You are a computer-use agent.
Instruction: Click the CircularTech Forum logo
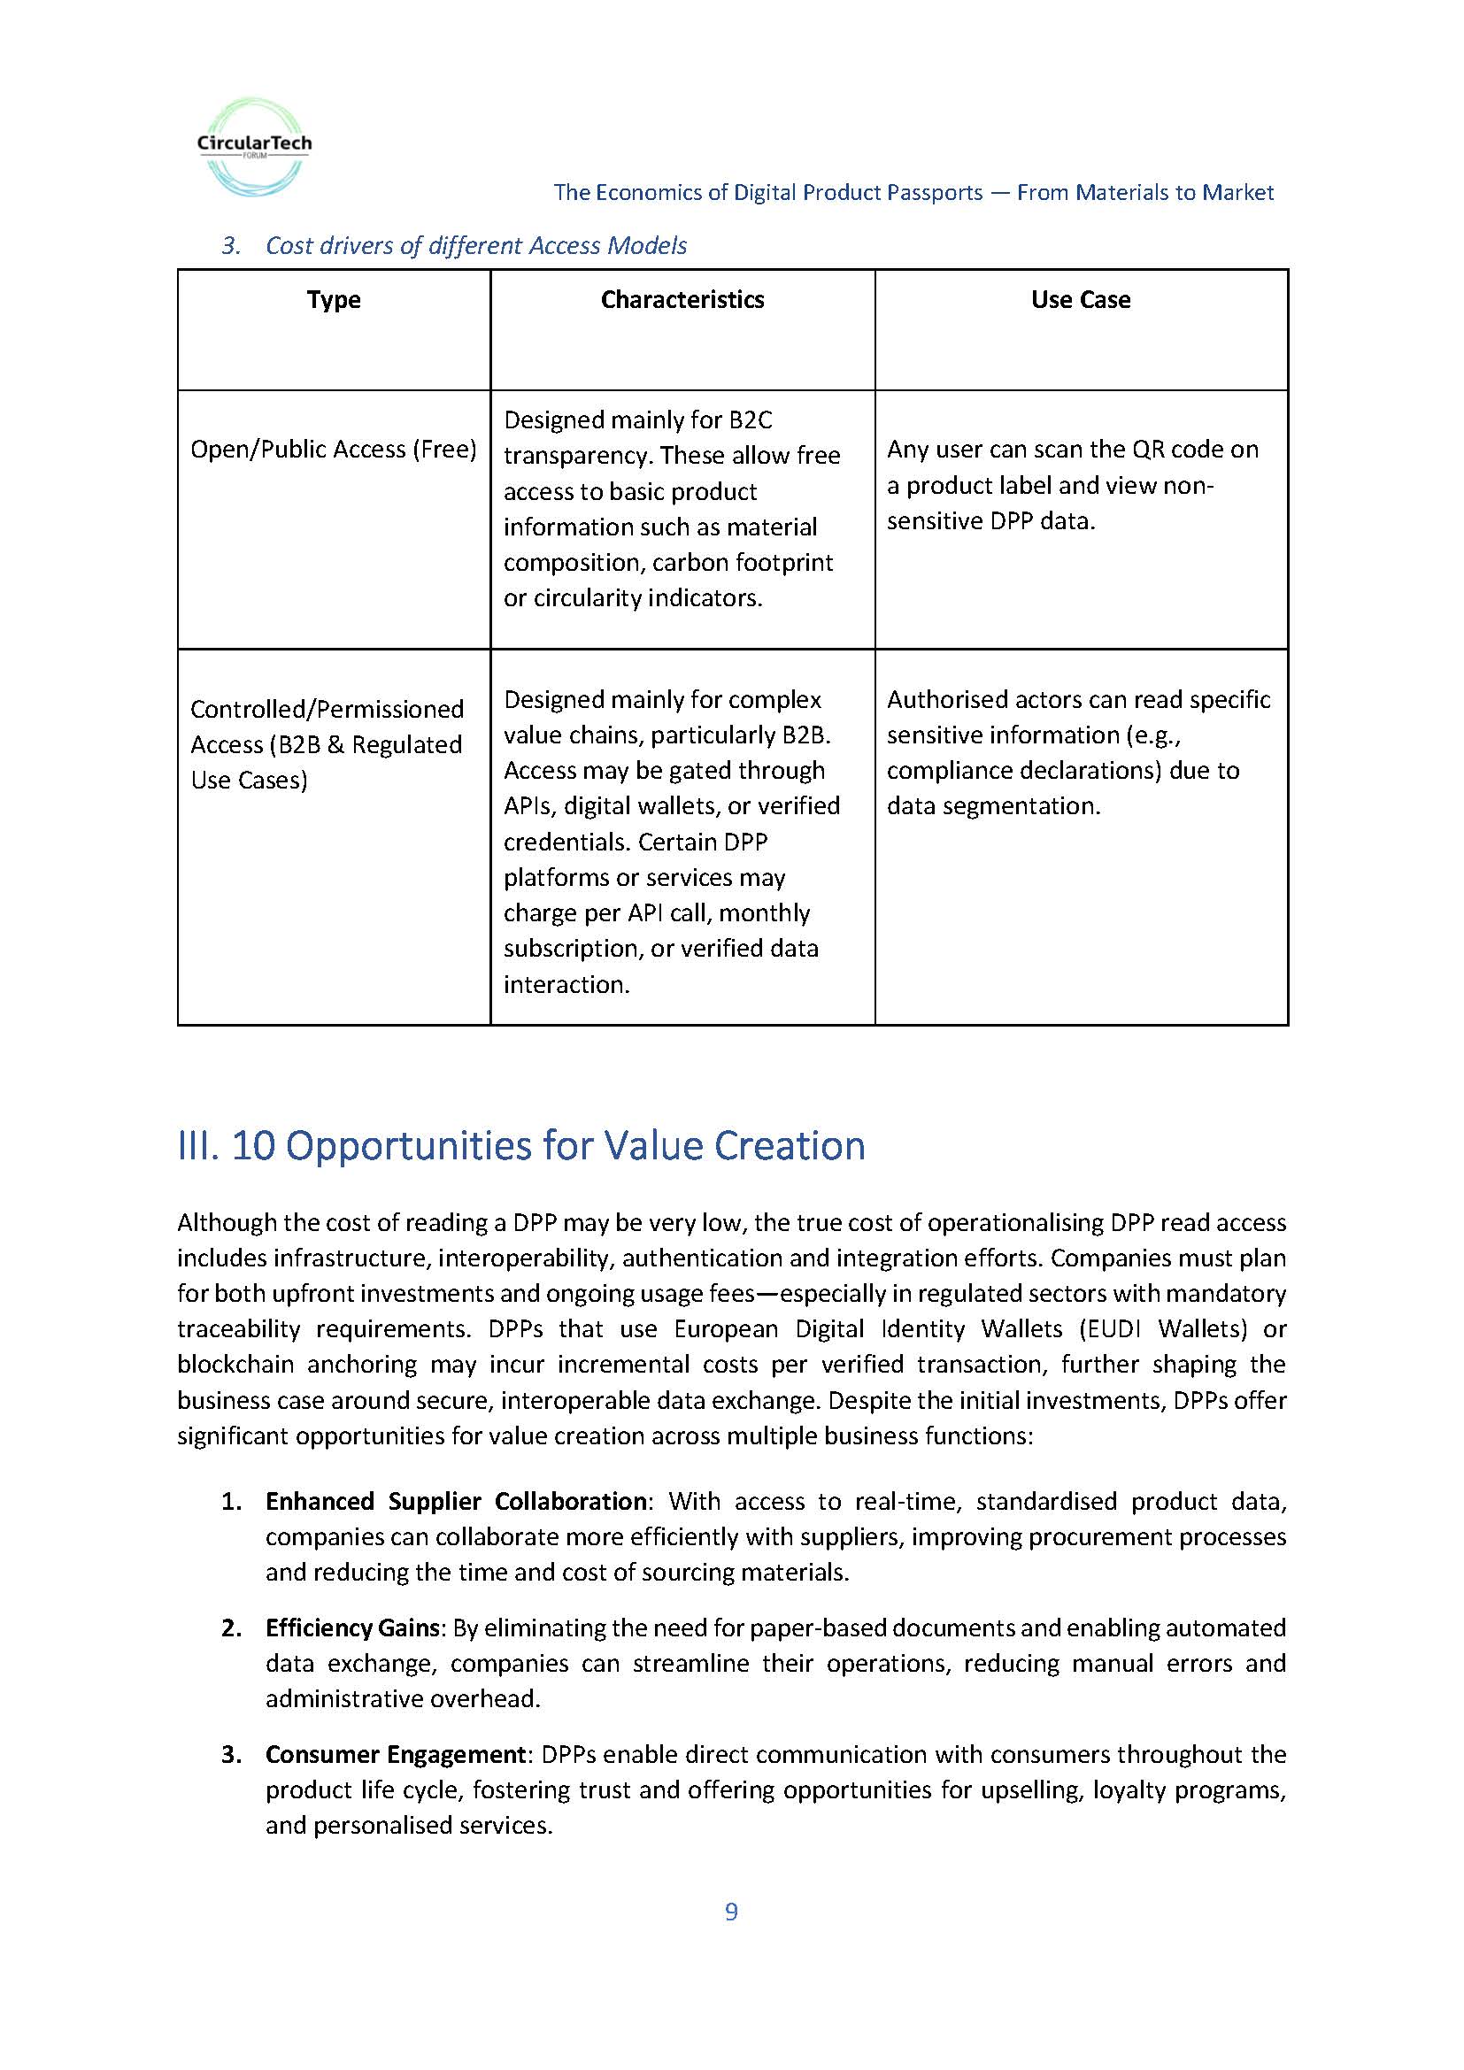point(254,147)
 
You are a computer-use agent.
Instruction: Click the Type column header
point(334,299)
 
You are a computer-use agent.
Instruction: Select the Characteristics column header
point(682,299)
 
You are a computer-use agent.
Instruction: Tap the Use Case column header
point(1080,299)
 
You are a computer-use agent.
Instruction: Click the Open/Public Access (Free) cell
point(334,449)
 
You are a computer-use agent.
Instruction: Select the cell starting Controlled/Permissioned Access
point(327,743)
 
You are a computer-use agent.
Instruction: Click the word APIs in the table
point(529,805)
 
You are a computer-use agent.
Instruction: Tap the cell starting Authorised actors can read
point(1078,752)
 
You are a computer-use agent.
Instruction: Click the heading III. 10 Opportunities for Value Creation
point(521,1145)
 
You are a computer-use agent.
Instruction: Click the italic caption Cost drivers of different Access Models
point(476,245)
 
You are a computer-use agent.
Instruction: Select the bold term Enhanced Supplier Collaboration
point(455,1501)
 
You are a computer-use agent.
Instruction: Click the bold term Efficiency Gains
point(351,1628)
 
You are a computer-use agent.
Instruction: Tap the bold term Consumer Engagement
point(395,1753)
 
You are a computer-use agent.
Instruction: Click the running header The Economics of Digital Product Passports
point(913,192)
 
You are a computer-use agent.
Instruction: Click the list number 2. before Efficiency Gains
point(232,1628)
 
